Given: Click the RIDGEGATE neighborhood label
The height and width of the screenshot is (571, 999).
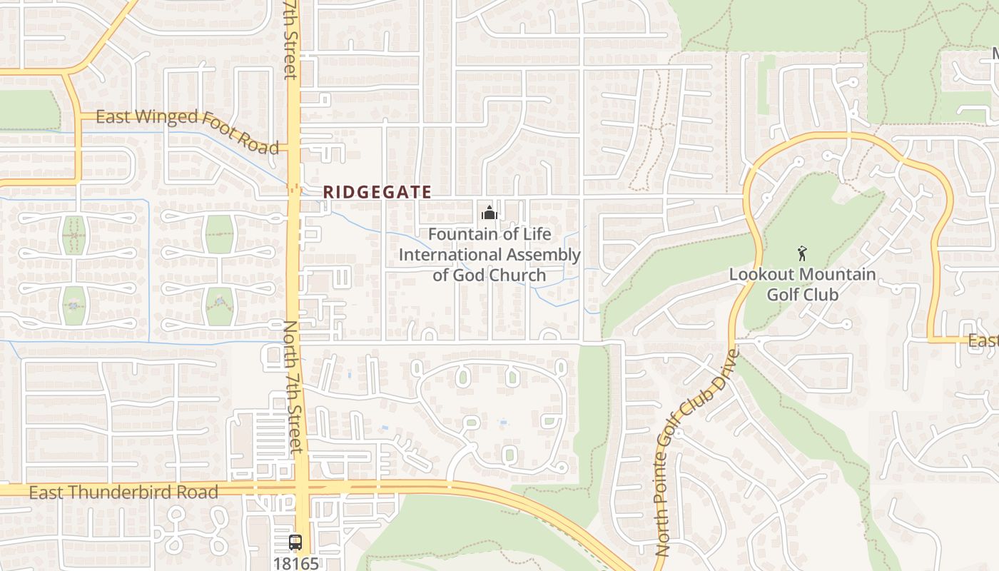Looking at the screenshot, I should (377, 192).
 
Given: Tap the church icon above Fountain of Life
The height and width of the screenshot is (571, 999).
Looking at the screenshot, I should (489, 213).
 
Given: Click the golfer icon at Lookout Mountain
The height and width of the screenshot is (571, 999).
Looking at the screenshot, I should (802, 253).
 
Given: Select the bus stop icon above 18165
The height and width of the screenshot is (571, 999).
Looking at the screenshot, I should (295, 542).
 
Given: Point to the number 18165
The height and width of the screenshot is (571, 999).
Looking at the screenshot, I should (295, 563).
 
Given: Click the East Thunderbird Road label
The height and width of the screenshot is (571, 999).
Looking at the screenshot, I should (123, 492).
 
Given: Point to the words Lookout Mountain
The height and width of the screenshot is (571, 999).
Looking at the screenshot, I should (802, 274).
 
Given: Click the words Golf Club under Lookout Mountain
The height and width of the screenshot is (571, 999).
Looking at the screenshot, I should (802, 293).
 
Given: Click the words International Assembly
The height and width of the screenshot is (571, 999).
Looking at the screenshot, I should (489, 254).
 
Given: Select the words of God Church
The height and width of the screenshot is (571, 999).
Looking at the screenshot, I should (489, 275).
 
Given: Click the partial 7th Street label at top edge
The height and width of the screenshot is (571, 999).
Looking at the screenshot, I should (290, 39).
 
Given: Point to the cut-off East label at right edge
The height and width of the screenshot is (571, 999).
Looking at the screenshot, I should (983, 342).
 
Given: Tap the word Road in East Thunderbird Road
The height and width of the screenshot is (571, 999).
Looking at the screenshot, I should (194, 492).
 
